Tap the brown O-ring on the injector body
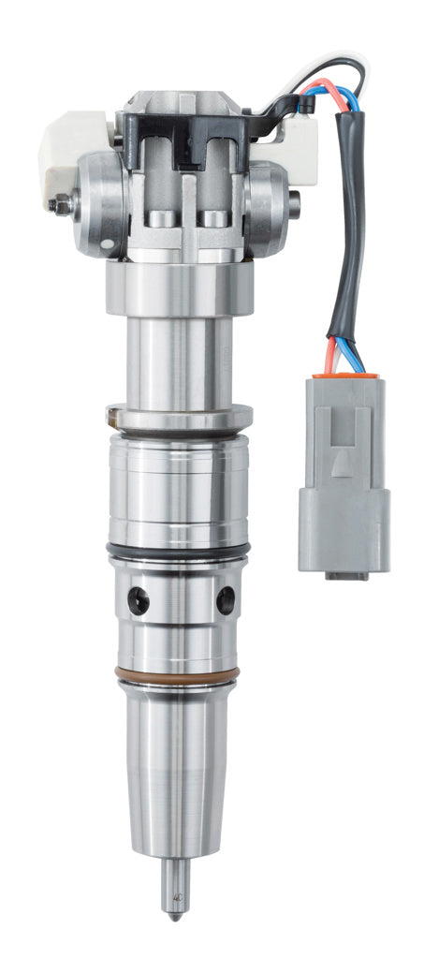(x=179, y=674)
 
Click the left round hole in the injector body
(x=139, y=600)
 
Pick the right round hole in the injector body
(x=225, y=600)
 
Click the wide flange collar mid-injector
(x=179, y=415)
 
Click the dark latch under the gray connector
(x=346, y=574)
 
